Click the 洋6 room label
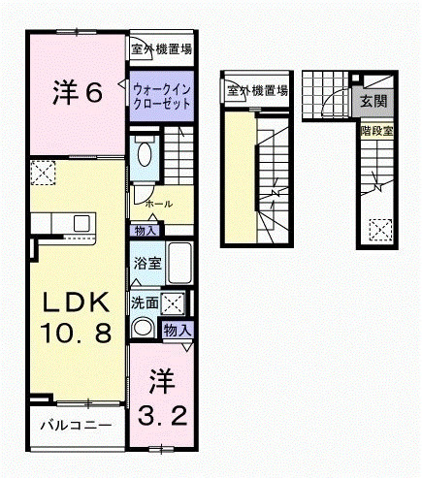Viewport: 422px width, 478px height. click(x=77, y=93)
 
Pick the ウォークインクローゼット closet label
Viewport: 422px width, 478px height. click(x=160, y=94)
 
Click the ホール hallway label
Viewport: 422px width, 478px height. click(x=158, y=205)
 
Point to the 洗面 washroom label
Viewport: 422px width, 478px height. click(x=146, y=303)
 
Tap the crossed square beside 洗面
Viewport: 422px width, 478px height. click(x=174, y=302)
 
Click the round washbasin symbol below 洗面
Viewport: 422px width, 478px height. click(x=145, y=328)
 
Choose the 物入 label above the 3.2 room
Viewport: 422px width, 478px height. click(x=178, y=331)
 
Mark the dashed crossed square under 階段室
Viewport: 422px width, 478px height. click(x=380, y=230)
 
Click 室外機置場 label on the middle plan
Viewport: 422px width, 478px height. click(x=257, y=92)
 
